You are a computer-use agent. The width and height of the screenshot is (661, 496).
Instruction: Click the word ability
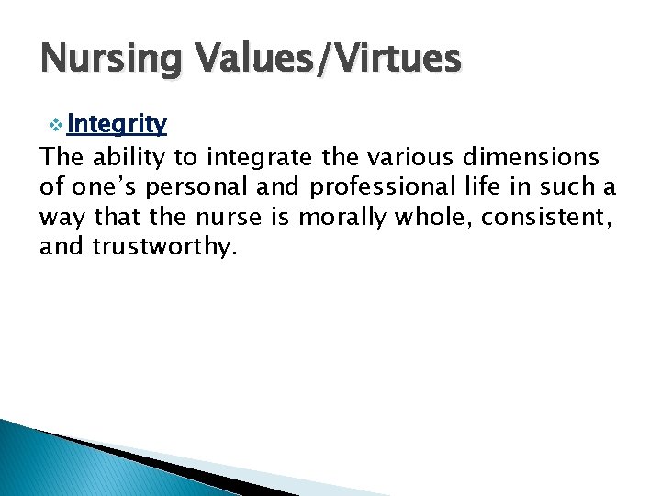(x=125, y=158)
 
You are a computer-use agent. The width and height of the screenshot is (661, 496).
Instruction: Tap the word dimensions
(x=537, y=158)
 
